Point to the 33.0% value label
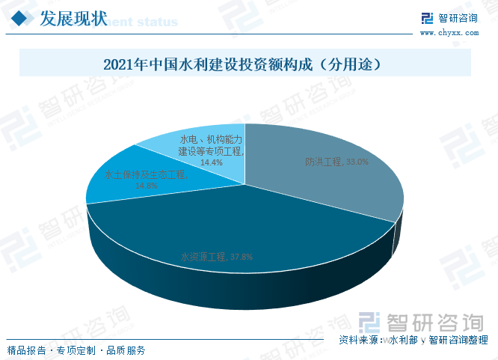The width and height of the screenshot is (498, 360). (x=356, y=162)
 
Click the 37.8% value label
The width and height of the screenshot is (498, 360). (x=242, y=257)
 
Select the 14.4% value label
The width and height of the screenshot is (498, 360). (x=210, y=161)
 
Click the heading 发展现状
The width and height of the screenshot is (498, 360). (x=73, y=19)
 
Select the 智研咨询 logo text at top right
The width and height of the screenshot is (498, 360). (x=458, y=18)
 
